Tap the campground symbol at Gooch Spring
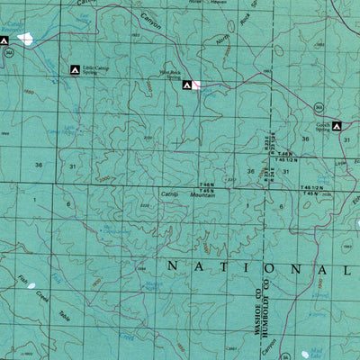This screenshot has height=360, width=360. pos(337,126)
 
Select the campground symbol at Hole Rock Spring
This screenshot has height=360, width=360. pos(187,85)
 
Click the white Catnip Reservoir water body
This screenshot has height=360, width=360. pos(24,40)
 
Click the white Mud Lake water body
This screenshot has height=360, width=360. pos(310,354)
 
